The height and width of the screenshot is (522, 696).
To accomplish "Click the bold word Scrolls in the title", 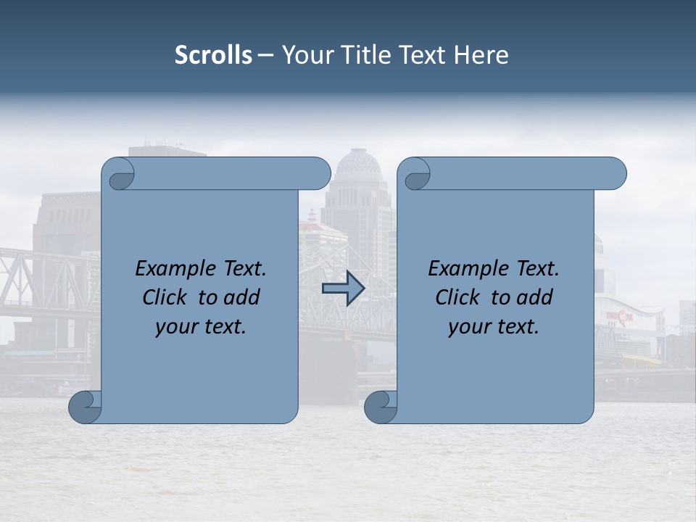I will tap(214, 55).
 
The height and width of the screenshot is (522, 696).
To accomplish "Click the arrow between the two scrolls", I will tap(343, 289).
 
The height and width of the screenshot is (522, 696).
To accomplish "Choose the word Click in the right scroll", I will tap(457, 298).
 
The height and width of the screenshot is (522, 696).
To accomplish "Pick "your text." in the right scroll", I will tap(494, 327).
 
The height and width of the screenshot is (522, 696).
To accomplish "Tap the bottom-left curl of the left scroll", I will tap(85, 407).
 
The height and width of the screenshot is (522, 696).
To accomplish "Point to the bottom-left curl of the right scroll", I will tap(380, 407).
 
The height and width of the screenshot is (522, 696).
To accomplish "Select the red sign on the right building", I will tap(620, 315).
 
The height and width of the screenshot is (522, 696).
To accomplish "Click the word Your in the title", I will tap(307, 55).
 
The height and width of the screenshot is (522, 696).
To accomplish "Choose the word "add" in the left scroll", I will tap(241, 298).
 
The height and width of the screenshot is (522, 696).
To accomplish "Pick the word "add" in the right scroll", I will tap(534, 298).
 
